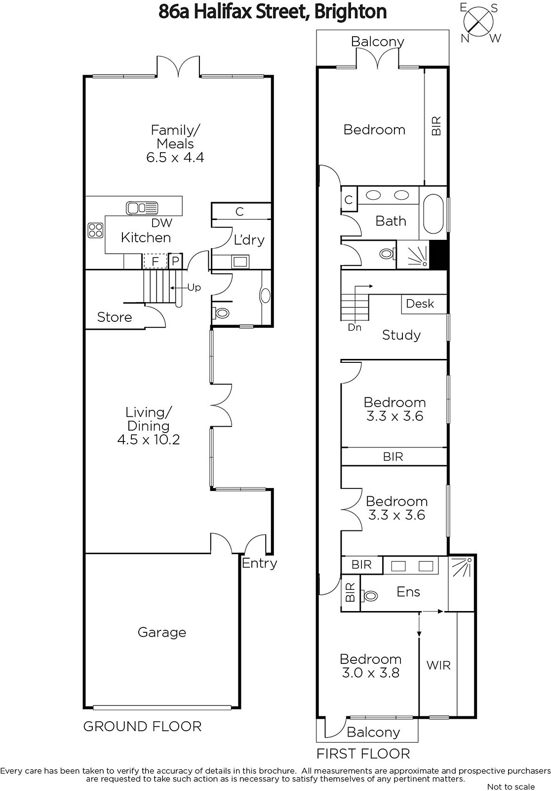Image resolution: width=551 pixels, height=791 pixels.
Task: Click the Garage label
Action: tap(162, 632)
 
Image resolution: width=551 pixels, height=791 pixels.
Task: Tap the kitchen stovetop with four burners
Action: tap(95, 230)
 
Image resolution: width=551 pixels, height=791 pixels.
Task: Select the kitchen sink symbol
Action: tap(142, 208)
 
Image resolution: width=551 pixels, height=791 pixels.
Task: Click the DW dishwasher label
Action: tap(161, 223)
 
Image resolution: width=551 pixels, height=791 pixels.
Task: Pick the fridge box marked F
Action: tap(155, 262)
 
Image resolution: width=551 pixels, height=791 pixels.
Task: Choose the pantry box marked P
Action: tap(175, 262)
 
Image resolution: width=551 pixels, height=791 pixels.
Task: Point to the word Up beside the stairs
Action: tap(194, 288)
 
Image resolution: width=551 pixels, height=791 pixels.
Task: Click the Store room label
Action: tap(114, 317)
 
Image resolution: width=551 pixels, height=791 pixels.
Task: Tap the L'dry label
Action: tap(249, 240)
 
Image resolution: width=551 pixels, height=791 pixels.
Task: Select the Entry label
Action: tap(259, 563)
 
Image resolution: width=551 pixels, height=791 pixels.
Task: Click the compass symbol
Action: tap(478, 23)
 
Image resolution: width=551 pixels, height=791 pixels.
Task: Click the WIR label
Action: tap(438, 665)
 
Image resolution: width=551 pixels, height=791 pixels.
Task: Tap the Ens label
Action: tap(408, 591)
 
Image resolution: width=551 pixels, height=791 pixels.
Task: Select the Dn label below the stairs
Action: tap(354, 327)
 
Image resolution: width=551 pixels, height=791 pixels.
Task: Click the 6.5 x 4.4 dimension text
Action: tap(175, 157)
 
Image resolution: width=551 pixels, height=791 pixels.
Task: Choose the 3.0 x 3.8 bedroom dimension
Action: tap(370, 673)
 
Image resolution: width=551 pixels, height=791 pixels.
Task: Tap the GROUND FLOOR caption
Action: tap(143, 726)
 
